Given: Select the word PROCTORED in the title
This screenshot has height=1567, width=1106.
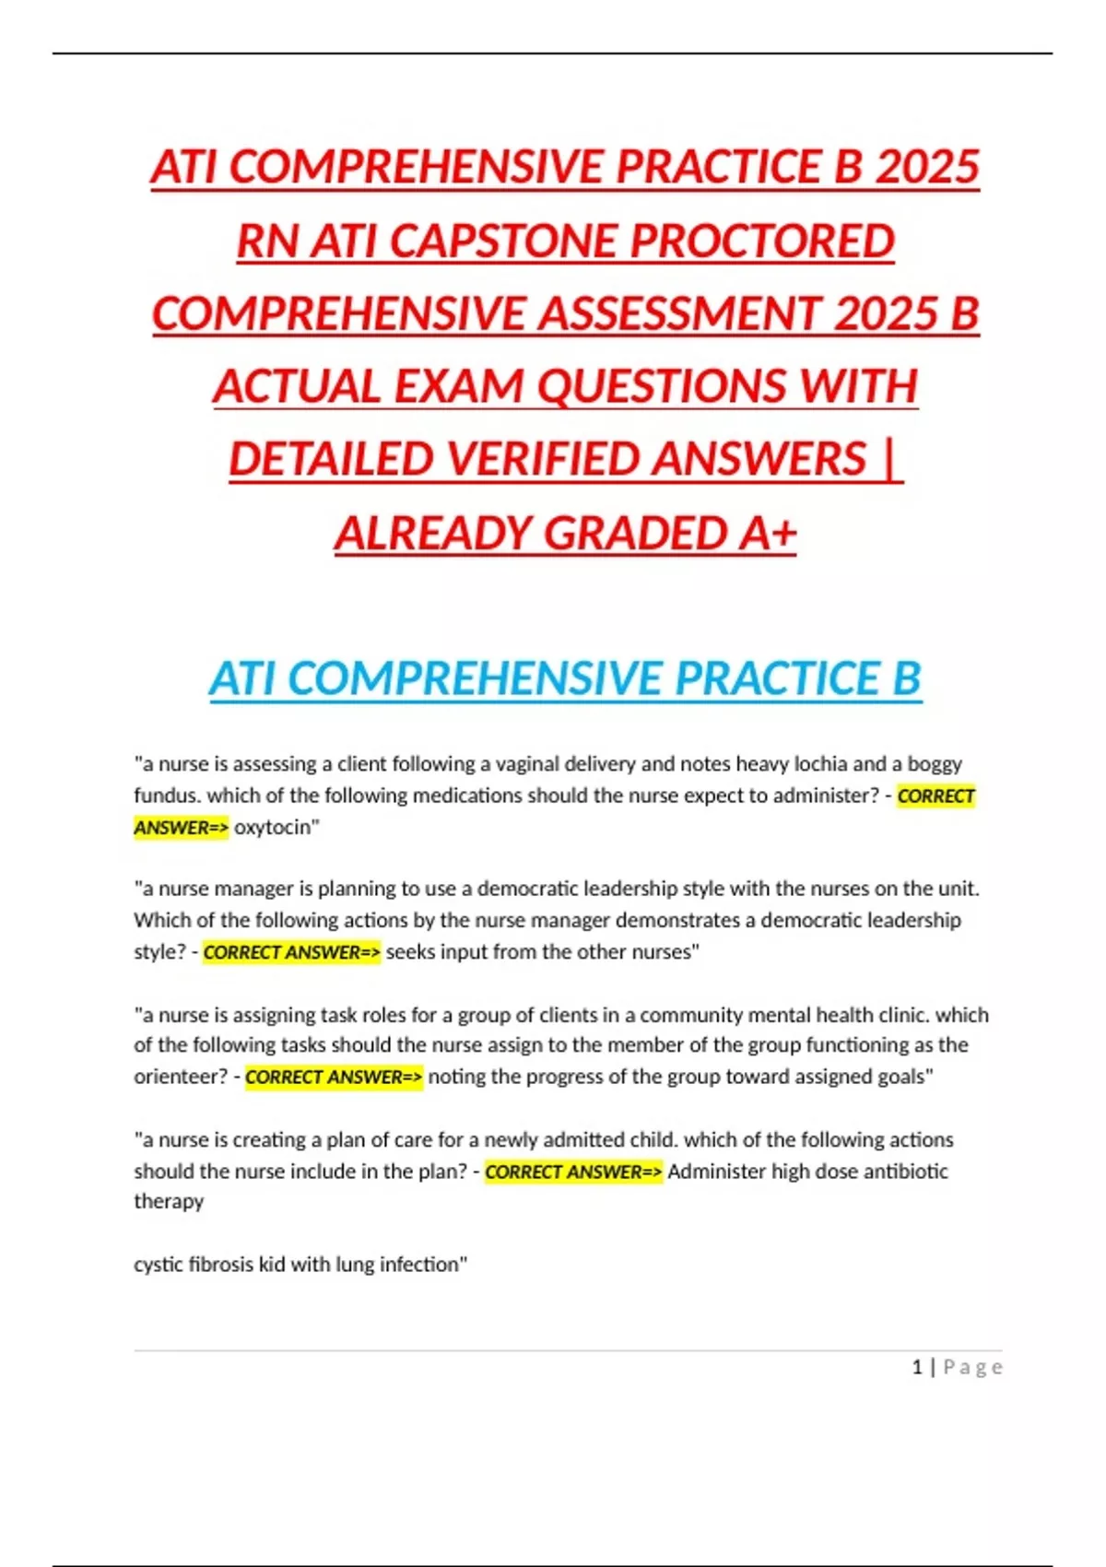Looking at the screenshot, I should [x=762, y=242].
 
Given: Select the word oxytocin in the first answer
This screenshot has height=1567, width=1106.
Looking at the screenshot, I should [x=274, y=827].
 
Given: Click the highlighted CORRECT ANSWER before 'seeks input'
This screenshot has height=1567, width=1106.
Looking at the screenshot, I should [x=291, y=952].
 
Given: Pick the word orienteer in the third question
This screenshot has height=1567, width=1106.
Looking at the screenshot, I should [x=178, y=1077].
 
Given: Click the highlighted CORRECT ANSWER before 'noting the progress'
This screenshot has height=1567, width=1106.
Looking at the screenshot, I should [x=334, y=1077].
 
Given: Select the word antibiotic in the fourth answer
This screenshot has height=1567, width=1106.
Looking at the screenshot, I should [x=905, y=1172].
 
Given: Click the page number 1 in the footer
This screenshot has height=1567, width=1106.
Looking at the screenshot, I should [x=917, y=1367].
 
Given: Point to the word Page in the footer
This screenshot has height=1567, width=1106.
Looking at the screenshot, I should [x=972, y=1367].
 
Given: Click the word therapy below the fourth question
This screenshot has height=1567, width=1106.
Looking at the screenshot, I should [x=169, y=1201].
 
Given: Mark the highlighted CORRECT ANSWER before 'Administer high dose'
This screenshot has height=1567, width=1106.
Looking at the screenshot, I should [x=573, y=1172].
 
